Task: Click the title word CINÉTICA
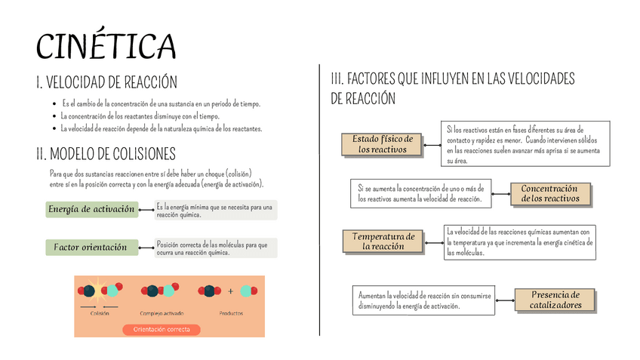coord(106,46)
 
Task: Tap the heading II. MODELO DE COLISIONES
coord(106,154)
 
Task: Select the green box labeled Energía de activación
coord(91,209)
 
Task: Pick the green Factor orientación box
coord(91,248)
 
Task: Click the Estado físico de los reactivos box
coord(382,144)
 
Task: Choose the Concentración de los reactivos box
coord(549,193)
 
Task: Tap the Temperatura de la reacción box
coord(383,241)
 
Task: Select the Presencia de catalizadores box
coord(555,300)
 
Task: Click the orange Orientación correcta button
coord(161,329)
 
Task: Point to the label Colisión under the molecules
coord(100,313)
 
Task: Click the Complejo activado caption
coord(161,313)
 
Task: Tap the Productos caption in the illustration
coord(231,313)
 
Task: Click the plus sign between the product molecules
coord(231,291)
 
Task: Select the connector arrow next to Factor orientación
coord(146,247)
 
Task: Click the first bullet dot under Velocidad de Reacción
coord(54,104)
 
